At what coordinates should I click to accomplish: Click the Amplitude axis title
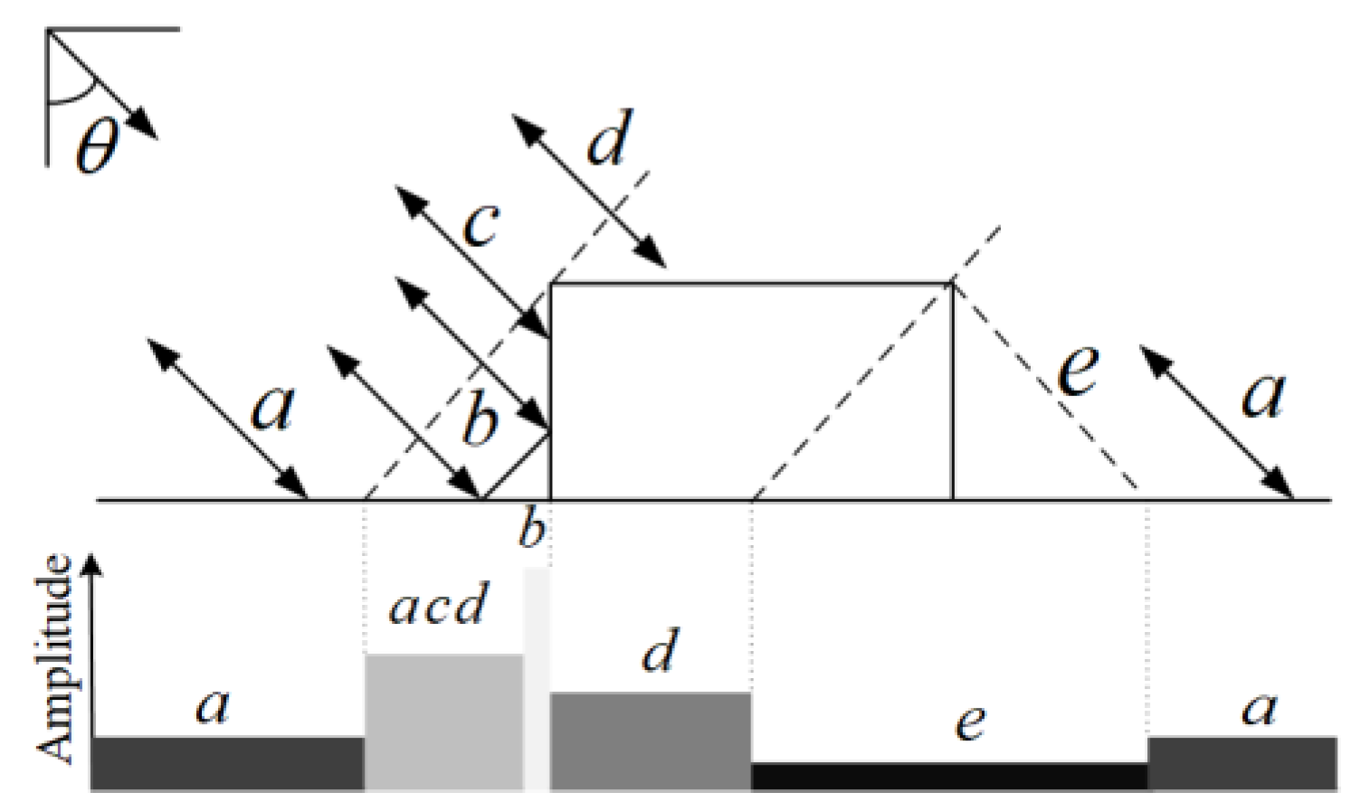[56, 661]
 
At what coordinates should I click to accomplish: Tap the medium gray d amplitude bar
[650, 741]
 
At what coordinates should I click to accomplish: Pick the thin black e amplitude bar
[949, 777]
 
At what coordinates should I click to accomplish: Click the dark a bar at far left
[227, 764]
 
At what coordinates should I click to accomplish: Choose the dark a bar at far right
[1242, 764]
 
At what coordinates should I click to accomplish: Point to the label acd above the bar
[438, 606]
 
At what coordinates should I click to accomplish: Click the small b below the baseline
[533, 530]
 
